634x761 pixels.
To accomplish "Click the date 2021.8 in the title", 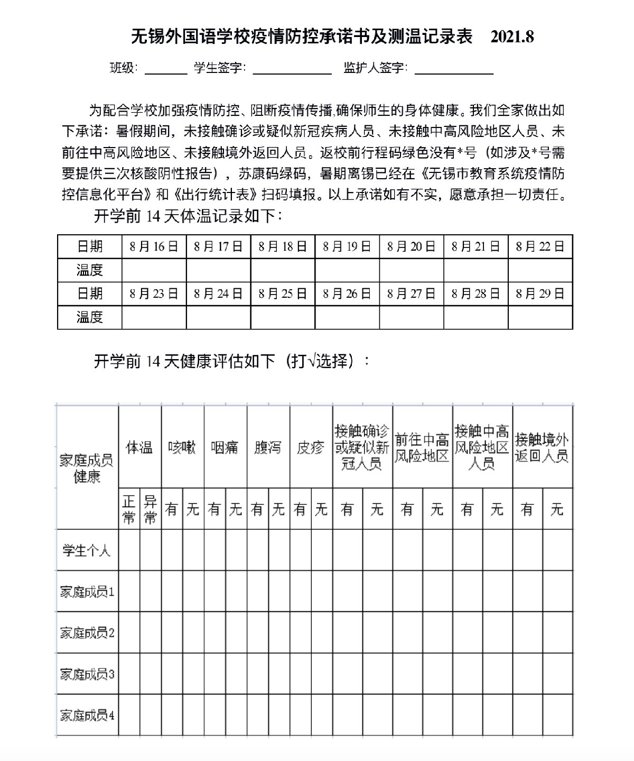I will tap(512, 36).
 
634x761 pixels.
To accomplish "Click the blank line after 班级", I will tap(165, 70).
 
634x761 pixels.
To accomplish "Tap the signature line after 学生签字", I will tap(292, 70).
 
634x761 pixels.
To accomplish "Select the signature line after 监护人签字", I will tap(454, 70).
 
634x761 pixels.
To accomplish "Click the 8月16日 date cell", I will tap(154, 246).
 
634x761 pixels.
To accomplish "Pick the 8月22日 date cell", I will tap(540, 246).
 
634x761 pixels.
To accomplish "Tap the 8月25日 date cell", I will tap(283, 294).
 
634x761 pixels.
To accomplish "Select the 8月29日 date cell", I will tap(540, 294).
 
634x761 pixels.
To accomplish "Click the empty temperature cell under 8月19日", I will tap(347, 270).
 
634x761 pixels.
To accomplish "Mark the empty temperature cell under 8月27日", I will tap(412, 317).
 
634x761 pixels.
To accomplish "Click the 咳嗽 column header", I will tap(182, 447).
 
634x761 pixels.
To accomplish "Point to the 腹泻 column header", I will tap(268, 447).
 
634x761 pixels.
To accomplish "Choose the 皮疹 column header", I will tap(311, 447).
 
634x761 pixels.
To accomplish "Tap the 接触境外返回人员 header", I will tap(542, 447).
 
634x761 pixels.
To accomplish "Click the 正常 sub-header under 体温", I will tap(129, 509).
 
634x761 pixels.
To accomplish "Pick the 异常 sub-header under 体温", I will tap(151, 509).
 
